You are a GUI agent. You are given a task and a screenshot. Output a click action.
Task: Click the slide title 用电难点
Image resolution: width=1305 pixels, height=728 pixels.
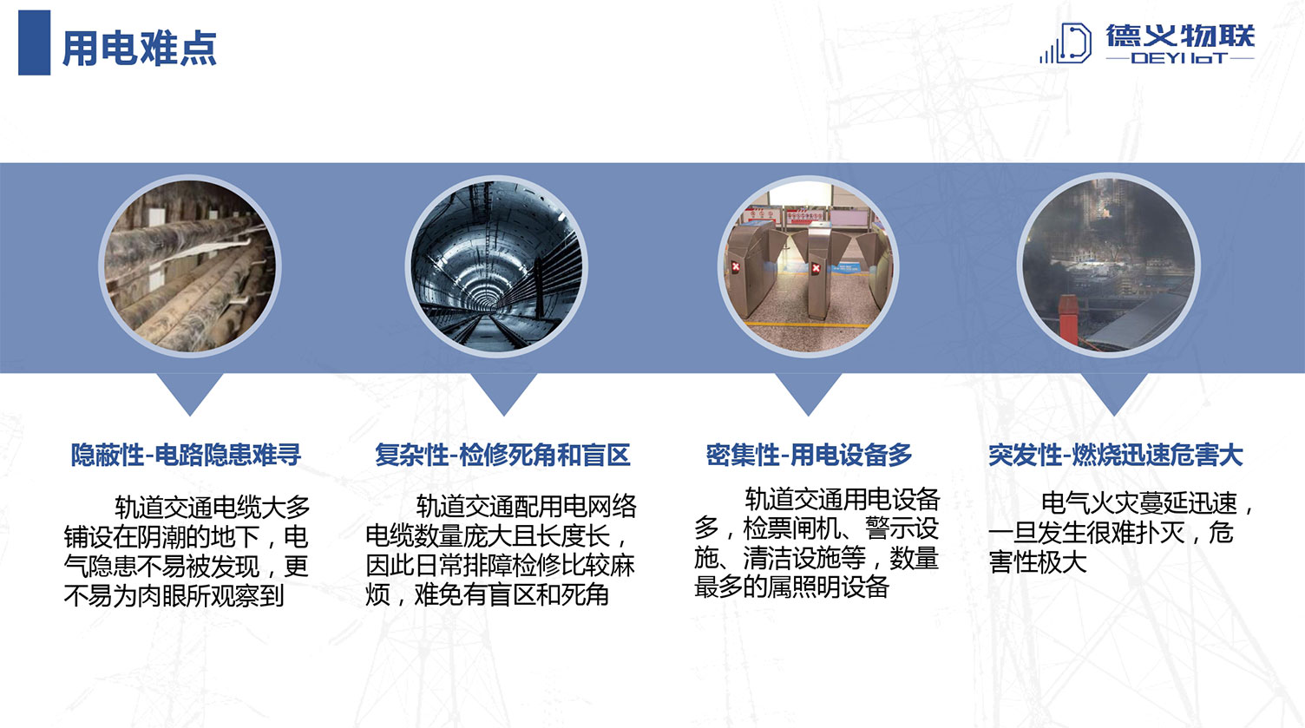[x=139, y=48]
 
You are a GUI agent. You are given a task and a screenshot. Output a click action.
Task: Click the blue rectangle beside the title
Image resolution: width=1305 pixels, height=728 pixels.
[x=35, y=43]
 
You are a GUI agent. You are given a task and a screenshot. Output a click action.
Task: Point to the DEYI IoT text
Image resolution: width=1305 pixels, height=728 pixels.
[x=1179, y=58]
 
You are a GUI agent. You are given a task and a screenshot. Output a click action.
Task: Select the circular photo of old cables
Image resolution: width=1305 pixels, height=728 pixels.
[x=190, y=266]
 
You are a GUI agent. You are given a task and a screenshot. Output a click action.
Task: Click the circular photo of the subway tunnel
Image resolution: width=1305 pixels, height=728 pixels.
[x=496, y=266]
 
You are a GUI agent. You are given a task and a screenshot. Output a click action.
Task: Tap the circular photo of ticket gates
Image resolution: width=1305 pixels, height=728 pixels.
[x=808, y=266]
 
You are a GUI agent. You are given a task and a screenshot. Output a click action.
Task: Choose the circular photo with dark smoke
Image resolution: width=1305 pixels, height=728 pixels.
[x=1109, y=266]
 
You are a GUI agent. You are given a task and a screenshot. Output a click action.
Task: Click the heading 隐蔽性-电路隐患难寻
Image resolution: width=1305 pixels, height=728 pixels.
[x=186, y=455]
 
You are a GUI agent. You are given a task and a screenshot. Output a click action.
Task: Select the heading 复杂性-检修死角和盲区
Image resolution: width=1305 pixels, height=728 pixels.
[x=502, y=455]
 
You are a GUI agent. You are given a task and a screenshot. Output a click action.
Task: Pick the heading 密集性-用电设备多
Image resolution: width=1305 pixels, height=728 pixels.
[x=809, y=455]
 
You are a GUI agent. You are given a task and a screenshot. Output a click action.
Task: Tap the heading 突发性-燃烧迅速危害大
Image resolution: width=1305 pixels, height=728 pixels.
[x=1116, y=455]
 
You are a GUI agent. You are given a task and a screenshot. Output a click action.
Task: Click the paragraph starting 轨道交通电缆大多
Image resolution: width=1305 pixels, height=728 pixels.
[x=187, y=551]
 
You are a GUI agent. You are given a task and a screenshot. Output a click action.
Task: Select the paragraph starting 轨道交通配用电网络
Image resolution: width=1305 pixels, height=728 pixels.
[x=501, y=550]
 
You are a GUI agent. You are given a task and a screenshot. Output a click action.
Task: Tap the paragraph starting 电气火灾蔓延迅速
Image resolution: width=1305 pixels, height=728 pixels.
[x=1121, y=533]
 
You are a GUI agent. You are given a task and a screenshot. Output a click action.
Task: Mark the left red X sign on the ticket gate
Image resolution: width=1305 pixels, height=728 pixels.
[x=736, y=267]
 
